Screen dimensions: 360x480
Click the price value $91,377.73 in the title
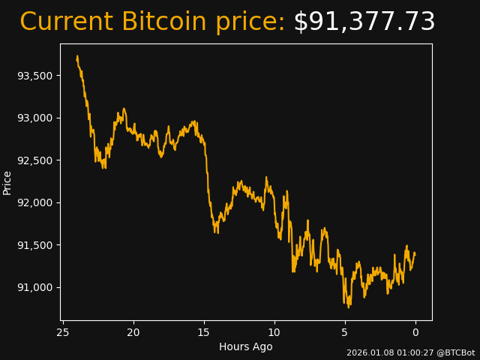click(364, 22)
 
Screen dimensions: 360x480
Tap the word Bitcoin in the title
click(164, 22)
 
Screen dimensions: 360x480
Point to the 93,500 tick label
click(34, 76)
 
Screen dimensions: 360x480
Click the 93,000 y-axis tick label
click(34, 118)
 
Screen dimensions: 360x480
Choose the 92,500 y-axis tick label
click(34, 160)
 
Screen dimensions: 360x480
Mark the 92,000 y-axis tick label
click(34, 202)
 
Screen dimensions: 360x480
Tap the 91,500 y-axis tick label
click(34, 245)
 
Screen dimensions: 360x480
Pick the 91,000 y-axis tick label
click(34, 287)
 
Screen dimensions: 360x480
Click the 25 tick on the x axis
click(63, 332)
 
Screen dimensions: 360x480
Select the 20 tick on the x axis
click(133, 332)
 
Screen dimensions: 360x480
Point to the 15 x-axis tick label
click(204, 332)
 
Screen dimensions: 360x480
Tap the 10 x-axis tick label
click(274, 332)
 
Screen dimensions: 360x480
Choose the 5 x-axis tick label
click(345, 332)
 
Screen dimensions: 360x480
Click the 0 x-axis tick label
click(415, 332)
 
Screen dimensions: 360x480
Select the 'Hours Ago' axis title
click(246, 346)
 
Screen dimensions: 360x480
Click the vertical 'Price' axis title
click(7, 182)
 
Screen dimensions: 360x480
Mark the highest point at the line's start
click(77, 56)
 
